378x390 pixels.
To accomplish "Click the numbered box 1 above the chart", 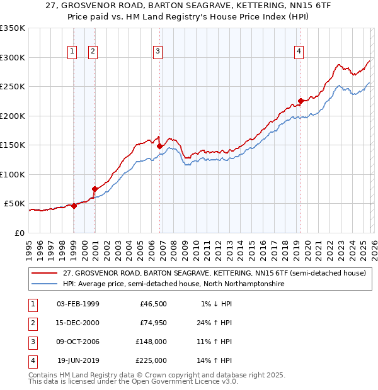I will [x=72, y=52].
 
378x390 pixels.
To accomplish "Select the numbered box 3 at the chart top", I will [x=157, y=52].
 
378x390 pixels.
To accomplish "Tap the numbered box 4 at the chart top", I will [x=299, y=52].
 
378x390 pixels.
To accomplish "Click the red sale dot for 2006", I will [x=160, y=146].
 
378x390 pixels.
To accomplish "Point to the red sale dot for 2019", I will [x=301, y=101].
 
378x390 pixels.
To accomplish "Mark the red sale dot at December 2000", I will [x=95, y=189].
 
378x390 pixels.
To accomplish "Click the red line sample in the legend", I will [x=45, y=274].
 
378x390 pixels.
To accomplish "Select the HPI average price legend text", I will [x=173, y=284].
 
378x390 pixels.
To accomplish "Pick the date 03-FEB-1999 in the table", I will [x=78, y=304].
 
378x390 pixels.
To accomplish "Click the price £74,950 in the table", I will [x=154, y=323].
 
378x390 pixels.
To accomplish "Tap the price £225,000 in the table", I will [x=152, y=361].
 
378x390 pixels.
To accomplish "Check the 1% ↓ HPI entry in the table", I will [x=216, y=304].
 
